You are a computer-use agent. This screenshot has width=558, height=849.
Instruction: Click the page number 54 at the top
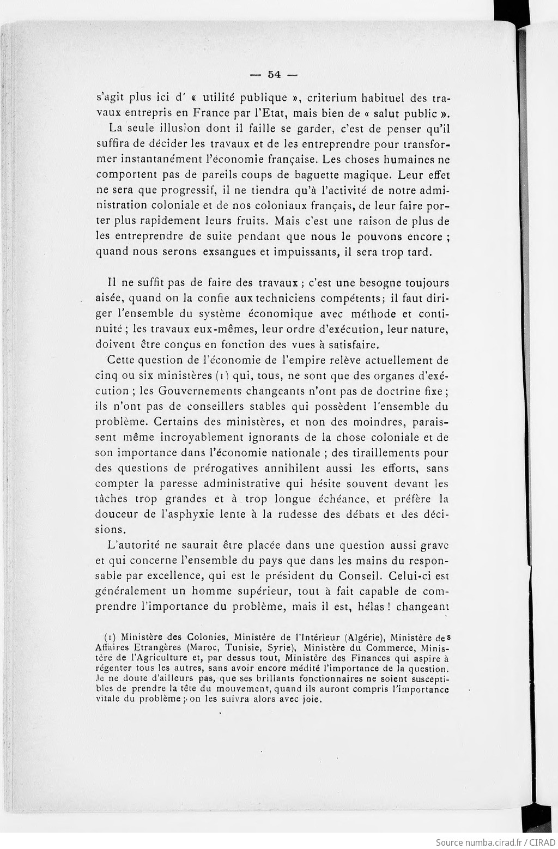point(273,75)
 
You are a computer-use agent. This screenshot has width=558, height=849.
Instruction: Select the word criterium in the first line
point(332,98)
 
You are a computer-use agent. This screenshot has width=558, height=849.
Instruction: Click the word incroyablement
point(207,437)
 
